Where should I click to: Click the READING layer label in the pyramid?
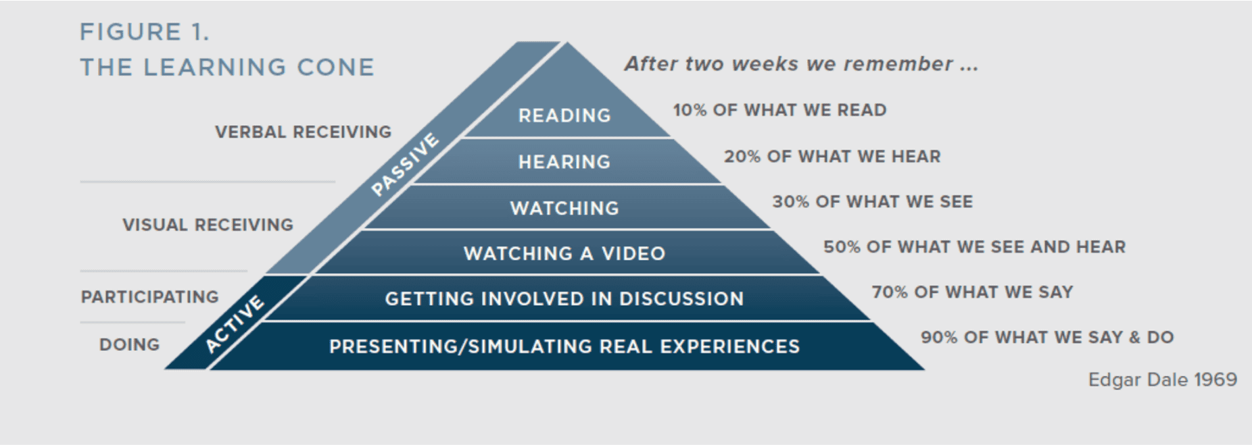coord(564,115)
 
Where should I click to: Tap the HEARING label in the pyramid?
coord(564,162)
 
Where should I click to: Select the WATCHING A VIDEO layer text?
coord(564,254)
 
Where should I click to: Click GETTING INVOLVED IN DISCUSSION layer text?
coord(564,299)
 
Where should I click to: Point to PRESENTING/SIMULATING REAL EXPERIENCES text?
coord(564,346)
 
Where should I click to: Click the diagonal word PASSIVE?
coord(405,165)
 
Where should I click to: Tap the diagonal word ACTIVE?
coord(234,324)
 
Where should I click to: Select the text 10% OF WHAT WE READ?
coord(779,110)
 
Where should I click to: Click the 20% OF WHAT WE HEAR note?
coord(832,157)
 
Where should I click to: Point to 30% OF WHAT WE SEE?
coord(872,202)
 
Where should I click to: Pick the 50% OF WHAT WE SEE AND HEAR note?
coord(974,247)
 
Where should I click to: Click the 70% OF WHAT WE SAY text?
coord(972,292)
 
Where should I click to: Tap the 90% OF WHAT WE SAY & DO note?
coord(1047,338)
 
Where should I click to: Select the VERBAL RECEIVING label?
coord(303,132)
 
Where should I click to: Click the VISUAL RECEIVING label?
coord(208,225)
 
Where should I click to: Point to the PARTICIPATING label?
coord(150,297)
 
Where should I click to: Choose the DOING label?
coord(130,344)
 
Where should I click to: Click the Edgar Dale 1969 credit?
coord(1162,379)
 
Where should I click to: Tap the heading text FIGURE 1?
coord(145,32)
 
